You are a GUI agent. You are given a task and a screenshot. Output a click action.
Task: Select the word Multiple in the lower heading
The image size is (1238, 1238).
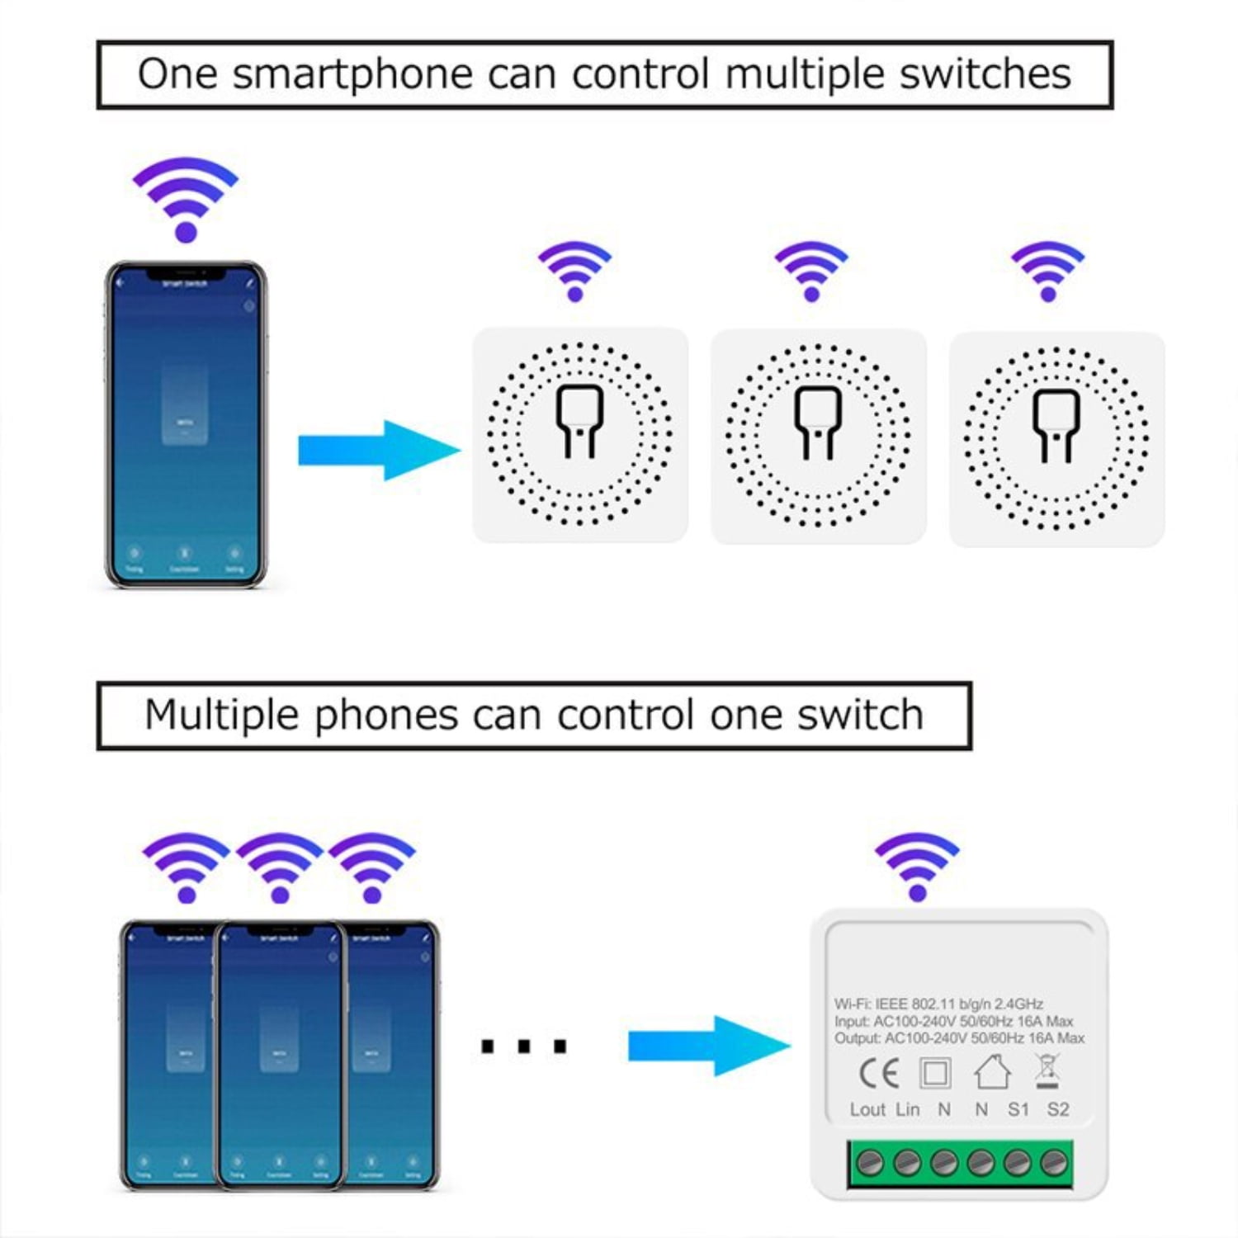tap(220, 715)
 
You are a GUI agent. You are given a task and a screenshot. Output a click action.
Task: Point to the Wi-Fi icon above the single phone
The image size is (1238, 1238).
tap(186, 198)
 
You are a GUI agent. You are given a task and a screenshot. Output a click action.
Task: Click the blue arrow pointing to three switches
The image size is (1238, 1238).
tap(379, 450)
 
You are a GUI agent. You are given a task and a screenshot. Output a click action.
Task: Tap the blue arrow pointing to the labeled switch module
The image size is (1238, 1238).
tap(709, 1046)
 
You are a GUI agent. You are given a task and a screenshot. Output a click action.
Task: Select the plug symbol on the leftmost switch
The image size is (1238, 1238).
tap(579, 420)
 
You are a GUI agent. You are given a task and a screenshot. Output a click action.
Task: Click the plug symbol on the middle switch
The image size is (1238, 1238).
tap(818, 422)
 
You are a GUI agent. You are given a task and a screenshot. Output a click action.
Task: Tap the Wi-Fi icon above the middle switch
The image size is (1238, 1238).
tap(811, 271)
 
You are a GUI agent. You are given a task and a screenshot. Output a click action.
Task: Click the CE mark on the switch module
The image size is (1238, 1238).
tap(878, 1073)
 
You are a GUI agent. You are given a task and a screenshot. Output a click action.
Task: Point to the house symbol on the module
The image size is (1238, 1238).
tap(992, 1072)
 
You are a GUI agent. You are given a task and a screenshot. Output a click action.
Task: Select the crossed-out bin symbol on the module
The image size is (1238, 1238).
tap(1047, 1070)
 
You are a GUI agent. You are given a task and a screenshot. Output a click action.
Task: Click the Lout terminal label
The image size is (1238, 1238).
tap(867, 1110)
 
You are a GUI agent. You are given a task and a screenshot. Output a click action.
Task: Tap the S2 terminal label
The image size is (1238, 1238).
tap(1058, 1110)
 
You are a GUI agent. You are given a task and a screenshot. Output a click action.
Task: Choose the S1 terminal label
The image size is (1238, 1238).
tap(1018, 1110)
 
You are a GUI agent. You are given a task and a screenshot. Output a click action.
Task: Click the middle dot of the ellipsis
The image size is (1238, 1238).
tap(524, 1047)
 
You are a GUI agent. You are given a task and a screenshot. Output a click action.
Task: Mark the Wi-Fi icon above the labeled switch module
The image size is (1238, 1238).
tap(917, 866)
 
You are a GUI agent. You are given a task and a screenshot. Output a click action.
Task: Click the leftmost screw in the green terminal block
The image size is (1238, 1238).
tap(870, 1163)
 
